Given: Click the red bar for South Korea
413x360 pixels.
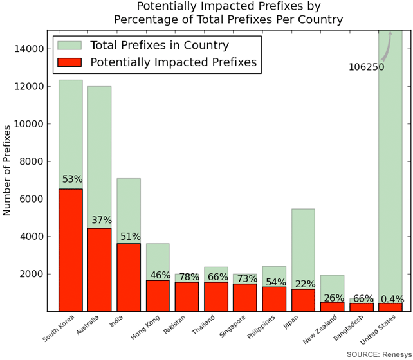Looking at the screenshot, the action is [71, 250].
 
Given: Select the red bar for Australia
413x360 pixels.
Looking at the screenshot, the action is [100, 270].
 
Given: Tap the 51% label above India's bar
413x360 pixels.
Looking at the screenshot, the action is [131, 237].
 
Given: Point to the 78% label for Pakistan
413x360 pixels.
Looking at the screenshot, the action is [189, 277].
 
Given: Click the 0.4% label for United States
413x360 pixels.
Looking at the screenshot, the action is [392, 299].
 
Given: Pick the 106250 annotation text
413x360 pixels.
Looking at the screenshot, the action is [367, 67].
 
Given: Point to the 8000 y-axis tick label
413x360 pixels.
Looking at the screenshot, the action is [32, 161].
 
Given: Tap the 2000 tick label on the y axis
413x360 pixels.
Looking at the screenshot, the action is [32, 274].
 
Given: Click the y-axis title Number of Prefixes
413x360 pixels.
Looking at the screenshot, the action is [6, 170].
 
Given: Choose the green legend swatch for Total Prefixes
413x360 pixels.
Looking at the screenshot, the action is [69, 45].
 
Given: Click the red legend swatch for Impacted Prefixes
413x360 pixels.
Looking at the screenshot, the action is [69, 62].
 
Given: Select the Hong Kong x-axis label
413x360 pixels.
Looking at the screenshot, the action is [145, 327].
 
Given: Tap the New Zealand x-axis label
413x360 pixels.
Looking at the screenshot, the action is [320, 329].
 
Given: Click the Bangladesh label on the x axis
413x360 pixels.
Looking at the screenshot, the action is [349, 328].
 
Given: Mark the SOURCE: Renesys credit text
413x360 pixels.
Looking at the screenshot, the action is [379, 354].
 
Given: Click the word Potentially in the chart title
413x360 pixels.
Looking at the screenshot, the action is [167, 6].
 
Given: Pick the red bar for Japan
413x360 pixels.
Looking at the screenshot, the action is [303, 300].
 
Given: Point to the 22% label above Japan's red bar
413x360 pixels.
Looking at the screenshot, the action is [305, 284].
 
